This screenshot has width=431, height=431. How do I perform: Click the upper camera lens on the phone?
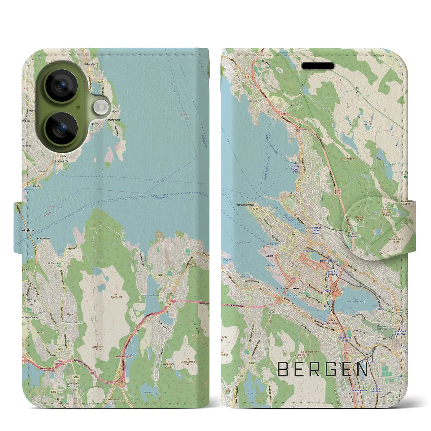click(x=61, y=86)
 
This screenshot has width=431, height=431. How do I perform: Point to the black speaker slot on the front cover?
click(x=318, y=66)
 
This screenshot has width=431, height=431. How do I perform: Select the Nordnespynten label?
click(x=245, y=205)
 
